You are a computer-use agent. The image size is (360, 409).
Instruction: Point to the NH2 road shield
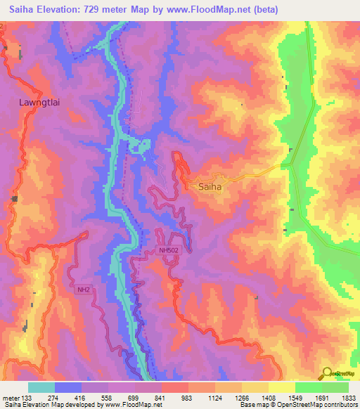point(84,289)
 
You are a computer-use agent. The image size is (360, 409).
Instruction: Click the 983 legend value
point(188,398)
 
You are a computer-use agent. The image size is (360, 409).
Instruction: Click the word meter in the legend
point(10,398)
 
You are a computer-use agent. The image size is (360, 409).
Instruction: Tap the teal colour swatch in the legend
point(41,387)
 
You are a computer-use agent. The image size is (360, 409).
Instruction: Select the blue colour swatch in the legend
point(68,387)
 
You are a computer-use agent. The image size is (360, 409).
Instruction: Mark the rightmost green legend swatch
point(335,387)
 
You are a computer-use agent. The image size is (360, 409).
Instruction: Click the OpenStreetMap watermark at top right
point(336,64)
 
